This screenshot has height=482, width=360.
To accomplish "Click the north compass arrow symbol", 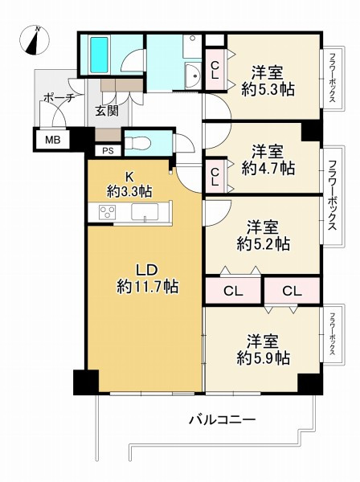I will pyautogui.click(x=35, y=40).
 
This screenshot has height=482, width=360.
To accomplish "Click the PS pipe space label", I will pyautogui.click(x=107, y=149).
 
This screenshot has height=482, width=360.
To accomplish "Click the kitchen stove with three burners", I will pyautogui.click(x=108, y=212).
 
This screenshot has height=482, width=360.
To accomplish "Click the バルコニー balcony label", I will pyautogui.click(x=222, y=419).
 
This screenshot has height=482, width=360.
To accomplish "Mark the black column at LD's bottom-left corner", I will pyautogui.click(x=84, y=382).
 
